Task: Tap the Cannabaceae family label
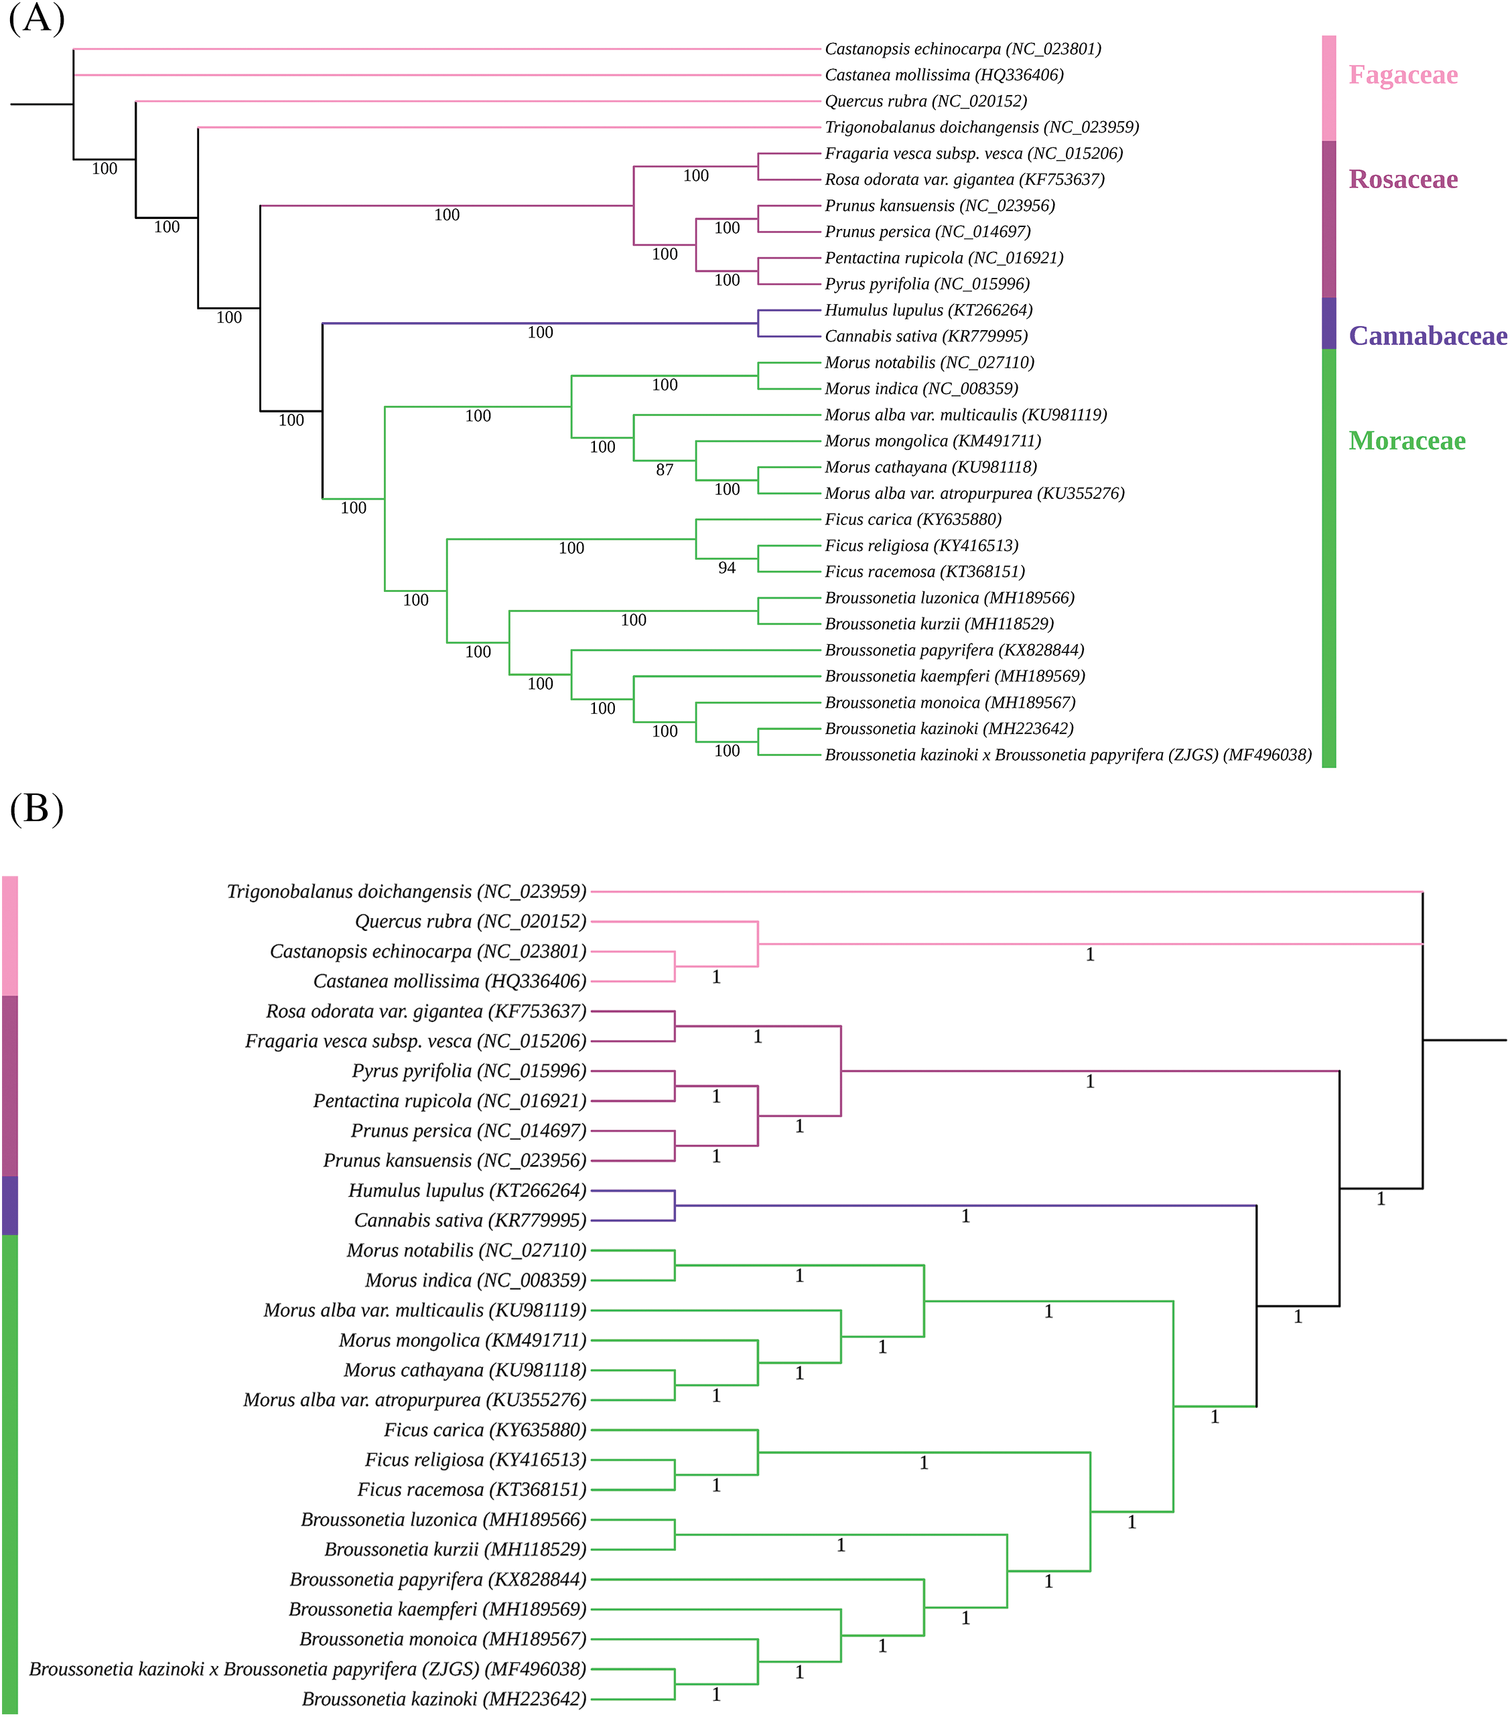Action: point(1427,336)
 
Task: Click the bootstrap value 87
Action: point(665,470)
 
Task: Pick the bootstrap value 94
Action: point(727,569)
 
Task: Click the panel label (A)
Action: point(36,19)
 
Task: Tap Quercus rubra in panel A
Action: point(925,102)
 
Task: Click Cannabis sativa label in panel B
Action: point(470,1221)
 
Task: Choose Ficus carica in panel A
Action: point(912,520)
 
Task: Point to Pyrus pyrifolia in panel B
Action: point(469,1071)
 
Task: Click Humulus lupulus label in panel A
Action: point(929,311)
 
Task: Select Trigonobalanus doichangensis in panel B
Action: point(407,891)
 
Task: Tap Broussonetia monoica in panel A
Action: point(949,703)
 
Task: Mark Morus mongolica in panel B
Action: point(462,1341)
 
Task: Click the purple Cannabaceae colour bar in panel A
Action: point(1328,323)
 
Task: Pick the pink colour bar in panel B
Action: point(9,936)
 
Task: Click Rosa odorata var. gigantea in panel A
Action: point(964,179)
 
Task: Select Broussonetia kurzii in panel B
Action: point(456,1550)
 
